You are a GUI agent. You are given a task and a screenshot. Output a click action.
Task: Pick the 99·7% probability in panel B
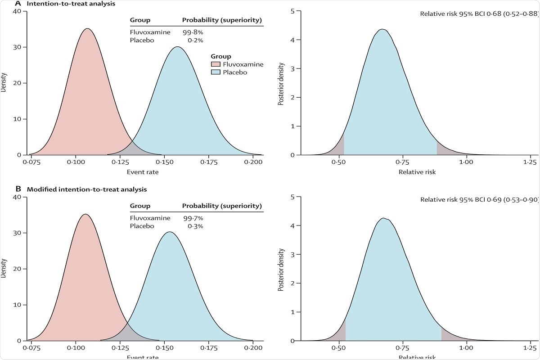(193, 218)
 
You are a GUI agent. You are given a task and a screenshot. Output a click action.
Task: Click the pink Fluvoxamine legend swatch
(215, 64)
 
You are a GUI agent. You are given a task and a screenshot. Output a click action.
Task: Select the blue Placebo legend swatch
(215, 72)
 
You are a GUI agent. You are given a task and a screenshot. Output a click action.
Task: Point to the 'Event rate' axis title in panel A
(142, 172)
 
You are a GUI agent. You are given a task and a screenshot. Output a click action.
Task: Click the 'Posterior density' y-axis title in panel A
(281, 83)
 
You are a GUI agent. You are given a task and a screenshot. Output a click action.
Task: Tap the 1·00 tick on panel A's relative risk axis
(466, 162)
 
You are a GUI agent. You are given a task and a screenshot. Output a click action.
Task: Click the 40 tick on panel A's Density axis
(17, 11)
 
